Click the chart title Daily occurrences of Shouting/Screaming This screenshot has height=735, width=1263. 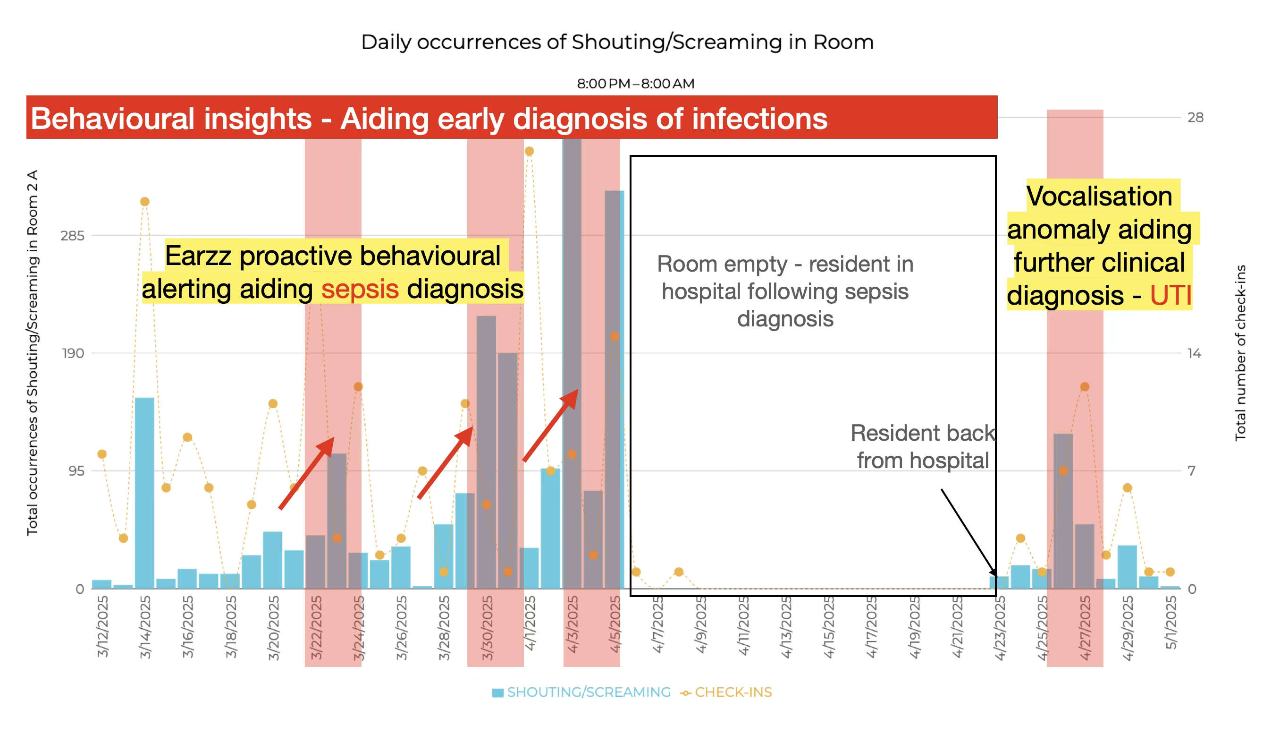pyautogui.click(x=617, y=42)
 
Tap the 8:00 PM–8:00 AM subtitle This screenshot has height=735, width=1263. pyautogui.click(x=635, y=84)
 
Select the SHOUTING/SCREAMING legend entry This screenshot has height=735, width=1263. pyautogui.click(x=582, y=692)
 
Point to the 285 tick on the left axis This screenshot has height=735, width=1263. pyautogui.click(x=72, y=236)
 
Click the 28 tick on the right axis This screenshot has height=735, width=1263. pyautogui.click(x=1195, y=118)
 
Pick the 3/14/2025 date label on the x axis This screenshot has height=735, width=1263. pyautogui.click(x=145, y=627)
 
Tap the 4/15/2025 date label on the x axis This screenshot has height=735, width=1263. pyautogui.click(x=828, y=627)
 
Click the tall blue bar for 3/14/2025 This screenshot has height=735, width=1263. pyautogui.click(x=144, y=492)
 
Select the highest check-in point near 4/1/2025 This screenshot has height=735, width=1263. pyautogui.click(x=529, y=151)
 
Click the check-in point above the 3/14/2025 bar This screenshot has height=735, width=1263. pyautogui.click(x=144, y=202)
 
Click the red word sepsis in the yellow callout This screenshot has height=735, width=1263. pyautogui.click(x=360, y=290)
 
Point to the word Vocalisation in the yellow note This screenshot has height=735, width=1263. pyautogui.click(x=1099, y=196)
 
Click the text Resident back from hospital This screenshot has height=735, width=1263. pyautogui.click(x=922, y=446)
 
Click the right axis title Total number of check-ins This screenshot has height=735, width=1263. pyautogui.click(x=1240, y=353)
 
